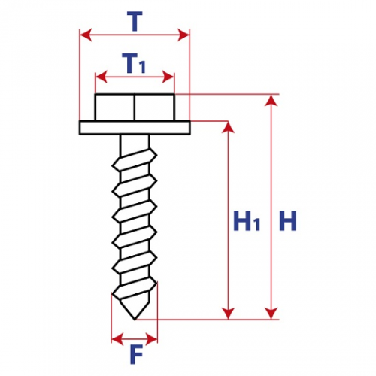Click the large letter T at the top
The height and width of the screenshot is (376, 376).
click(135, 21)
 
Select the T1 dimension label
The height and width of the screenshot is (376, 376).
click(134, 63)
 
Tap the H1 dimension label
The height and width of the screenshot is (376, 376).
click(247, 220)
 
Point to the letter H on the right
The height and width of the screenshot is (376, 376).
click(288, 220)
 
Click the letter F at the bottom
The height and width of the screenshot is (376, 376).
click(136, 354)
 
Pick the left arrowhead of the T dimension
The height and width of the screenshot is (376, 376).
click(86, 35)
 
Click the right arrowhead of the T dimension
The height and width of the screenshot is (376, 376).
click(183, 35)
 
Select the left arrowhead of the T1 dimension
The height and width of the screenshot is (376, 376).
click(102, 77)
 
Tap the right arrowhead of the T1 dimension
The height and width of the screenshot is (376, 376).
click(168, 77)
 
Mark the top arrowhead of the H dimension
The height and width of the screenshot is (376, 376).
click(271, 100)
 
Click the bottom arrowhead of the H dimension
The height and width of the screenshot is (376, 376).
click(271, 314)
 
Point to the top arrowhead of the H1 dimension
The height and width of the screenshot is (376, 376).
click(228, 127)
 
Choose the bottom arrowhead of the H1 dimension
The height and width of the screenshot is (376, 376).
click(228, 314)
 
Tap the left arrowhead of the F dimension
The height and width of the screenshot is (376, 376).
click(117, 339)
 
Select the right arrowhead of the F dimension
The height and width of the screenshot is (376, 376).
click(151, 339)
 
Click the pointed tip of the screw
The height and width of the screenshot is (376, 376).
click(135, 320)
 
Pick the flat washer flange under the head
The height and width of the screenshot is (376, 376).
click(135, 128)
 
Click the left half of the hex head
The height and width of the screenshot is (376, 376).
click(114, 108)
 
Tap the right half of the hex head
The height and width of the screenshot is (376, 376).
click(155, 108)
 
